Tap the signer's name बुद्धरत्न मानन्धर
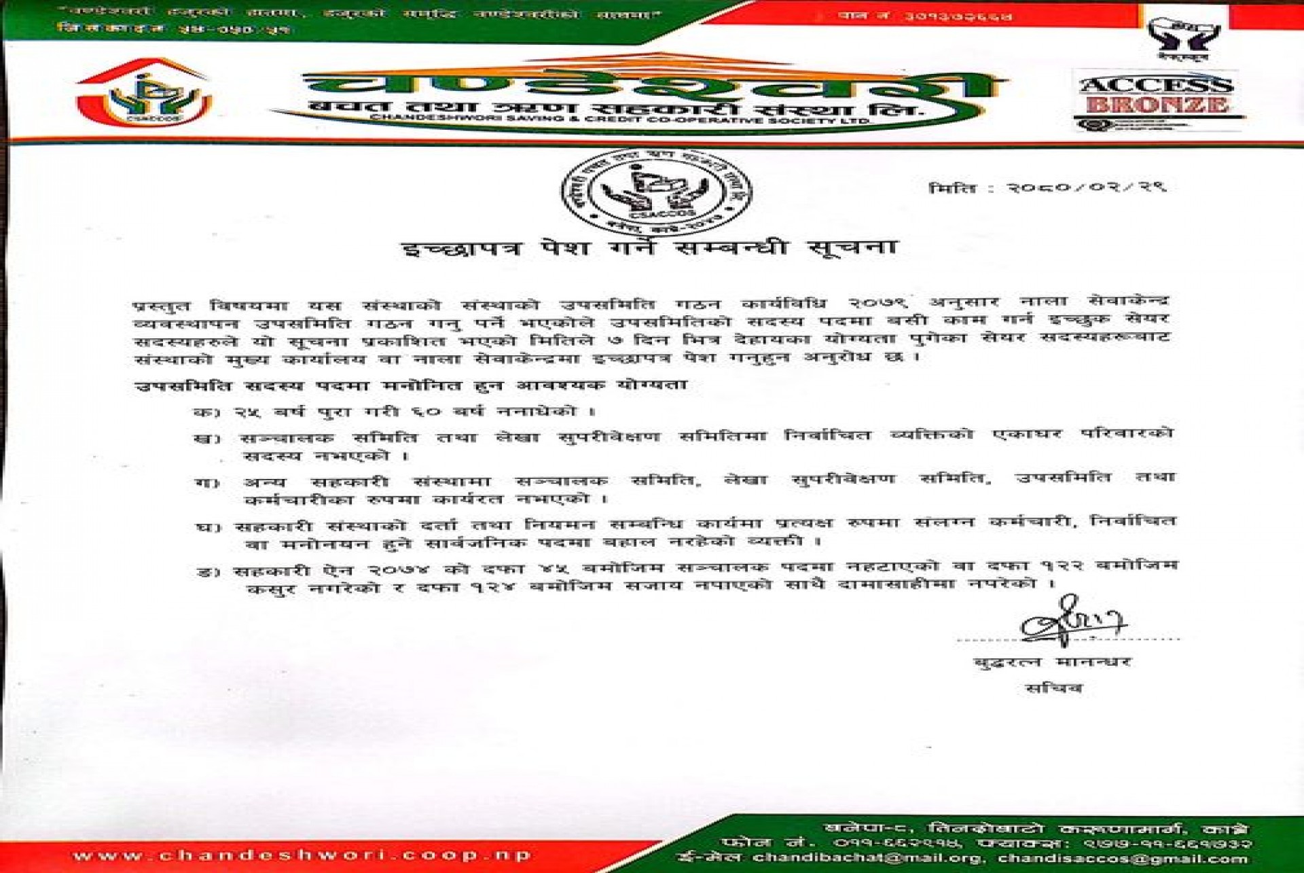(x=1052, y=661)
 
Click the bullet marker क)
(x=203, y=412)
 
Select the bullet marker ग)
(x=207, y=483)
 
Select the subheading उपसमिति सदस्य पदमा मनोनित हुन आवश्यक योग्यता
(x=410, y=385)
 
